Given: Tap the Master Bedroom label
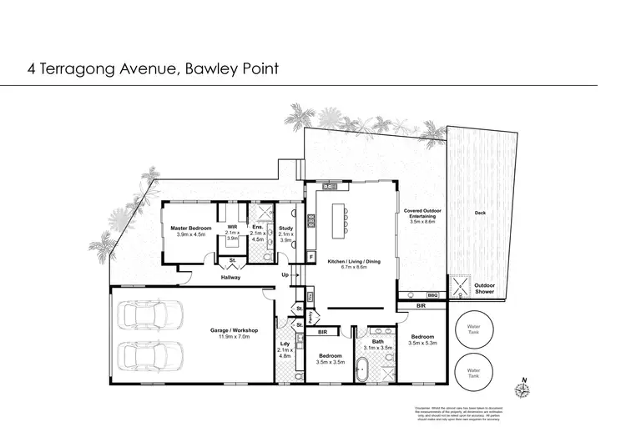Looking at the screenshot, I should point(190,231).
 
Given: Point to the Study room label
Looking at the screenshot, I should point(285,234).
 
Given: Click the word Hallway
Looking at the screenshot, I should point(230,278).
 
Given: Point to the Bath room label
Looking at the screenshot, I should point(379,343).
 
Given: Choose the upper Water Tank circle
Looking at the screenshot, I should point(473,329).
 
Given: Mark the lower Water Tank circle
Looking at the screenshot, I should point(473,371).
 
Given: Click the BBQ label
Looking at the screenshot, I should point(432,295).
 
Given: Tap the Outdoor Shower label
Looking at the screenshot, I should point(485,289).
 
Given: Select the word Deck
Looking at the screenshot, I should point(480,213).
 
